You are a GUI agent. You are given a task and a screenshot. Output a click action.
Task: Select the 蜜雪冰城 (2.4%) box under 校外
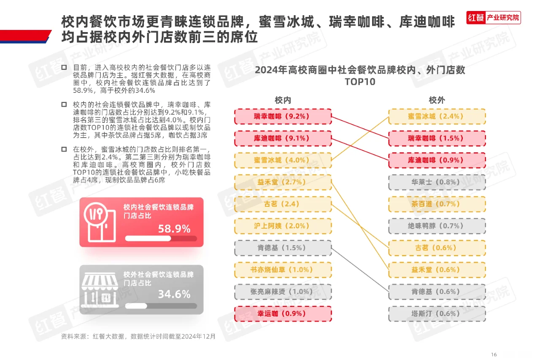pos(437,116)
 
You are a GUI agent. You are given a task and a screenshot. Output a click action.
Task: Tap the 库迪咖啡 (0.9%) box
pos(437,160)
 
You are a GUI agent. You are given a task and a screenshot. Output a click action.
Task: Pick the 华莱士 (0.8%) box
pos(437,182)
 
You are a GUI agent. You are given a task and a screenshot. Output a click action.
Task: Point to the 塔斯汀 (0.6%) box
pos(437,314)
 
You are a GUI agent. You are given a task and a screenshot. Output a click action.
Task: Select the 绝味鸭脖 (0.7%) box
pos(437,226)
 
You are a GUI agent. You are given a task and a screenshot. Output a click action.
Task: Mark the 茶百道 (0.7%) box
pos(437,204)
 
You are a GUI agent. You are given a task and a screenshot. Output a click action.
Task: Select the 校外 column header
pos(437,100)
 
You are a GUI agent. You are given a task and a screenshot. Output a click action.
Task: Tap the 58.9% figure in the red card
pos(174,229)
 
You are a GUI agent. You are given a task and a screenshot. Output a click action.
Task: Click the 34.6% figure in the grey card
pos(174,294)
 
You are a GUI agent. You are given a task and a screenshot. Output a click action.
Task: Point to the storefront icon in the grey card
pos(99,290)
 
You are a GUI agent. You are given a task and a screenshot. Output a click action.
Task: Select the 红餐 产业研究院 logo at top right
pos(493,18)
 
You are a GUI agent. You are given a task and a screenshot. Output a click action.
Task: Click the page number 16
pos(494,354)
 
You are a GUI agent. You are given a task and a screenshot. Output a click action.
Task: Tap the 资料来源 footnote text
pos(138,336)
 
